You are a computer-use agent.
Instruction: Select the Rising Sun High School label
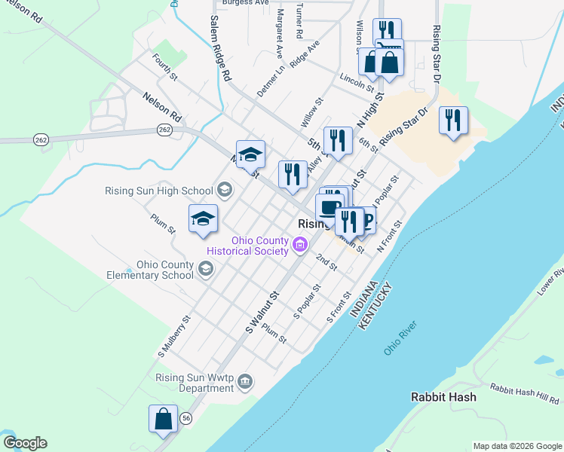tap(158, 191)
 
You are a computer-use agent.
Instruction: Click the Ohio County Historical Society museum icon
tap(300, 244)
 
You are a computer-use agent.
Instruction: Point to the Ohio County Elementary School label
tap(165, 270)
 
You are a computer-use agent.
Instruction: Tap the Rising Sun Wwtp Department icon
tap(244, 383)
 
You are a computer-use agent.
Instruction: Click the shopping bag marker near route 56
tap(163, 418)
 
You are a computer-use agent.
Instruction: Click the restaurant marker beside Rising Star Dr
tap(452, 121)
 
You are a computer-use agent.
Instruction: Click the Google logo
tap(25, 443)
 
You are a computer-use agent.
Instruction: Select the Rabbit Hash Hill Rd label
tap(525, 392)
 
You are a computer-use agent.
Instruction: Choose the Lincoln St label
tap(357, 82)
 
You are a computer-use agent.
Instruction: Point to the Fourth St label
tap(164, 66)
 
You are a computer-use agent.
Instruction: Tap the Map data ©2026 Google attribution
tap(516, 446)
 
